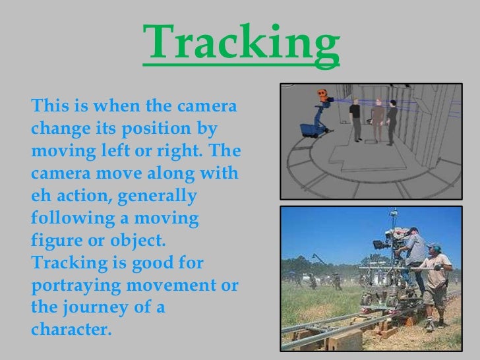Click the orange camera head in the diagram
pyautogui.click(x=322, y=94)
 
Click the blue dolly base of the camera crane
pyautogui.click(x=306, y=129)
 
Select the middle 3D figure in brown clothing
pyautogui.click(x=378, y=119)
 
